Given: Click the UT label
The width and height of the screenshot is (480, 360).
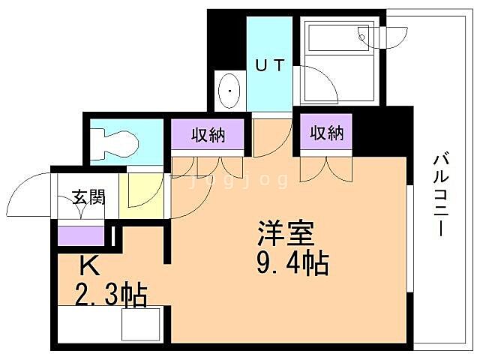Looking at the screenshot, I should coord(269,65).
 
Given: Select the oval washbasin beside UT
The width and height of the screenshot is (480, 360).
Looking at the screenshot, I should coord(229,92).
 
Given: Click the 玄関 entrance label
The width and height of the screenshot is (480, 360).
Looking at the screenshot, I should coord(88,198).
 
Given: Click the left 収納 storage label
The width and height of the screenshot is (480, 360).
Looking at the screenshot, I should coord(208,136).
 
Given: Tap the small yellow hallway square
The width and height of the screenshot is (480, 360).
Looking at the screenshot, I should coord(141,196).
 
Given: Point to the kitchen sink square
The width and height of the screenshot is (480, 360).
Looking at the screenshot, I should coord(139,323).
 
